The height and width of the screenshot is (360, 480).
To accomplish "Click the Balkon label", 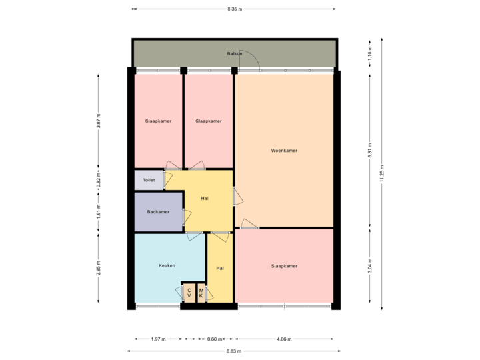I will [234, 53].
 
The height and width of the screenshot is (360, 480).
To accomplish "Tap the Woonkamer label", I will [284, 151].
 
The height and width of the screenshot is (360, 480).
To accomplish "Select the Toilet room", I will [149, 180].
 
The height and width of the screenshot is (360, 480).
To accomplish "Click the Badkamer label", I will [158, 212].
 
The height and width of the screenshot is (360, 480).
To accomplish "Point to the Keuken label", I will [167, 265].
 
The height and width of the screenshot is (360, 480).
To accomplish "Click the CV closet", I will [189, 293].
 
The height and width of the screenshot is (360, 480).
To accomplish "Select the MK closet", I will [201, 293].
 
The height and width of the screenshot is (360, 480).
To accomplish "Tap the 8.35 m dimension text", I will [235, 9].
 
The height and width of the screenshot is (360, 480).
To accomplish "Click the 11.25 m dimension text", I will [382, 173].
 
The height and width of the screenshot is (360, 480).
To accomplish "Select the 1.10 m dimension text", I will [371, 53].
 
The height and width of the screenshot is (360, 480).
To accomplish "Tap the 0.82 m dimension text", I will [98, 180].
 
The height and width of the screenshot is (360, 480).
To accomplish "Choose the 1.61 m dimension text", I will [98, 211].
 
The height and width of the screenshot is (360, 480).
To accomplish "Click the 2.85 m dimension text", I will [98, 267].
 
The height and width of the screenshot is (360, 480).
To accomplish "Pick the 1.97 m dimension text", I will [158, 339].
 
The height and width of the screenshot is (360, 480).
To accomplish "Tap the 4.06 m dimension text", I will [284, 339].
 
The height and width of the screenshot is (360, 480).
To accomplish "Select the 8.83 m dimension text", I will [234, 351].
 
